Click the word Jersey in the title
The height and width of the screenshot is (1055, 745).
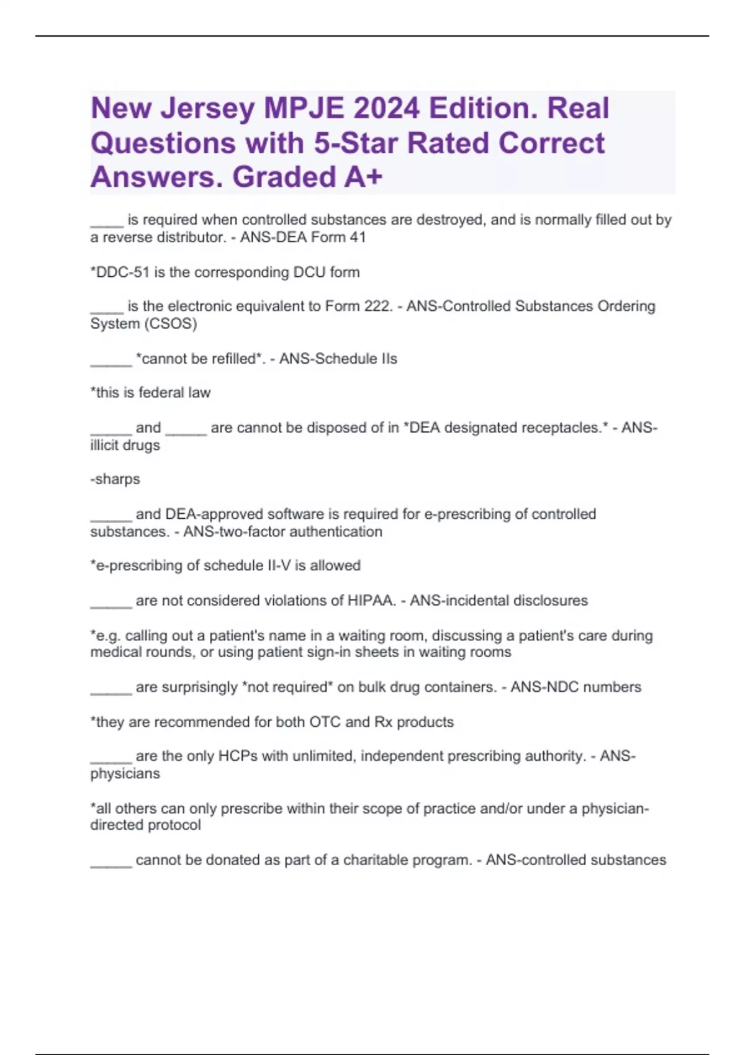point(208,109)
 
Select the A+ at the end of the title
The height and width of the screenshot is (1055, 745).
point(363,177)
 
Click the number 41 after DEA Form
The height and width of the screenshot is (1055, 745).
point(357,237)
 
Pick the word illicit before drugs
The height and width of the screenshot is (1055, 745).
point(104,446)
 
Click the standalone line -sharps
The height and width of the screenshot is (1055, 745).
point(115,479)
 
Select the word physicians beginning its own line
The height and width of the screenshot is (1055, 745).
point(125,774)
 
